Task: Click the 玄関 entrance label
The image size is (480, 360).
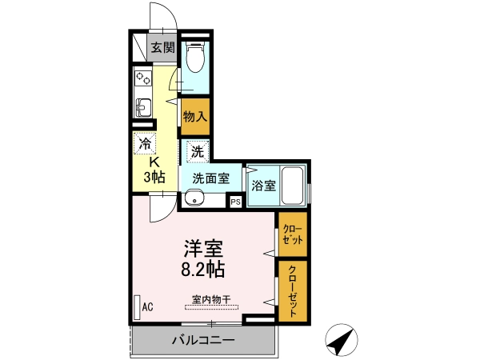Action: pos(163,47)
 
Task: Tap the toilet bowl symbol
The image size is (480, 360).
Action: pos(195,58)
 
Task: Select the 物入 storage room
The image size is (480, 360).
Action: pos(195,116)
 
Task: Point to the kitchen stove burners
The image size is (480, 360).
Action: pos(143,78)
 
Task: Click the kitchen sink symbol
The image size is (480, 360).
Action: pos(143,107)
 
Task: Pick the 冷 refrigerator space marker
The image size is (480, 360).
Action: pos(145,143)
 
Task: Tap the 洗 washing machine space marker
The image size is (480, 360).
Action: pos(198,151)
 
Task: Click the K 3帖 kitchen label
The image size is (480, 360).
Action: pos(154,170)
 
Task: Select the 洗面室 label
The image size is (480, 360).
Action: pos(211,178)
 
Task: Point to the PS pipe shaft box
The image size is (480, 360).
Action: pos(236,202)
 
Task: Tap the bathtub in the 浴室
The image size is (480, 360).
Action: pos(292,186)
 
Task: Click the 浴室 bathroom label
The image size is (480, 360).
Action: pos(263,186)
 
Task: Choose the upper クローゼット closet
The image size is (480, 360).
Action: pos(293,234)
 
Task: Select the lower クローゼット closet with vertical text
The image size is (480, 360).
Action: pos(293,291)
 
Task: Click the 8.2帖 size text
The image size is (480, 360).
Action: pos(203,270)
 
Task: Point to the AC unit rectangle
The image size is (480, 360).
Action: pos(137,307)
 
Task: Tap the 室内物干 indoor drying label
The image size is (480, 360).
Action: pos(211,299)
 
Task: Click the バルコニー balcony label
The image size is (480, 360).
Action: pos(203,340)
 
